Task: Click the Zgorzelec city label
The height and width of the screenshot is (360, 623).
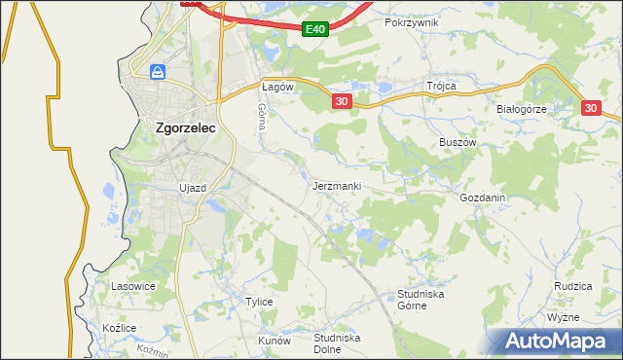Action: coord(186,126)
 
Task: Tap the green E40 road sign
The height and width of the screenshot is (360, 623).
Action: coord(313,30)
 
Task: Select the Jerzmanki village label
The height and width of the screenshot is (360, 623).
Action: coord(338,185)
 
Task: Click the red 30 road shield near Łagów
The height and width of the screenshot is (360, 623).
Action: coord(341,101)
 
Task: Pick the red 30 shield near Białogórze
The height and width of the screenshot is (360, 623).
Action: coord(593,110)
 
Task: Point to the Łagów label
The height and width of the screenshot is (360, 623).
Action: coord(277,87)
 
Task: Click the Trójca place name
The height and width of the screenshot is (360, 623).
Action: coord(441,86)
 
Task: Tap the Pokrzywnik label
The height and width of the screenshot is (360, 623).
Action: coord(412,21)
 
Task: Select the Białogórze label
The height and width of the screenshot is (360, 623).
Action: coord(522,109)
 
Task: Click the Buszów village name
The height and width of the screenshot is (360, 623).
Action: coord(457,141)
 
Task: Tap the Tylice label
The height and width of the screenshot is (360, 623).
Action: coord(258,302)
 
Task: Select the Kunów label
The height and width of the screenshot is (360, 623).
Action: coord(274,342)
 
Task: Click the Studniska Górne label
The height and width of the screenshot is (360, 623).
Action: coord(421,299)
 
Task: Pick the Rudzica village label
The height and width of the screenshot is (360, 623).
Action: coord(573,286)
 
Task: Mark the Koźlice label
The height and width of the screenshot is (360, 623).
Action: coord(119,329)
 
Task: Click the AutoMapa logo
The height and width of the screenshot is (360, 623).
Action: coord(556,342)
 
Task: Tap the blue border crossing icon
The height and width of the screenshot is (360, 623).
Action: coord(158,72)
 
